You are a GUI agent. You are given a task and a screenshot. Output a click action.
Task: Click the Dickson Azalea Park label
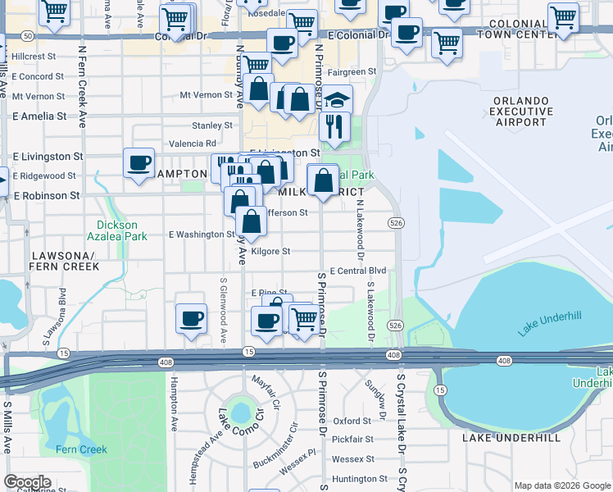click(117, 230)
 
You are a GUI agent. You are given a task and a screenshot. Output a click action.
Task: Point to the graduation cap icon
click(337, 100)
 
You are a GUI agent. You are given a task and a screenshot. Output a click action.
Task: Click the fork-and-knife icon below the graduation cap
click(335, 126)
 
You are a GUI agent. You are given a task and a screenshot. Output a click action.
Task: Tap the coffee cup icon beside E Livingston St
click(138, 162)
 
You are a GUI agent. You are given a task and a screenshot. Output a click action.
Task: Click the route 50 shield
click(27, 36)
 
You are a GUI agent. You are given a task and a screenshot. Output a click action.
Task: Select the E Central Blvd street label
click(357, 271)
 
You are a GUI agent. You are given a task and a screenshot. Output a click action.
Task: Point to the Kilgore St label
click(270, 252)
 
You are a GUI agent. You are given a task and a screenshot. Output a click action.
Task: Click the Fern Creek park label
click(81, 449)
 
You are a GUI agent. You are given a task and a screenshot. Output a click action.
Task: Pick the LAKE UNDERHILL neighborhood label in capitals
click(511, 438)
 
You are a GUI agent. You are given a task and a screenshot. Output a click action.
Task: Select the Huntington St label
click(359, 479)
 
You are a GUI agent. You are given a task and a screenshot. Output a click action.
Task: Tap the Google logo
click(28, 482)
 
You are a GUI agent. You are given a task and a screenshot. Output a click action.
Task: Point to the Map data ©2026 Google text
click(561, 485)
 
